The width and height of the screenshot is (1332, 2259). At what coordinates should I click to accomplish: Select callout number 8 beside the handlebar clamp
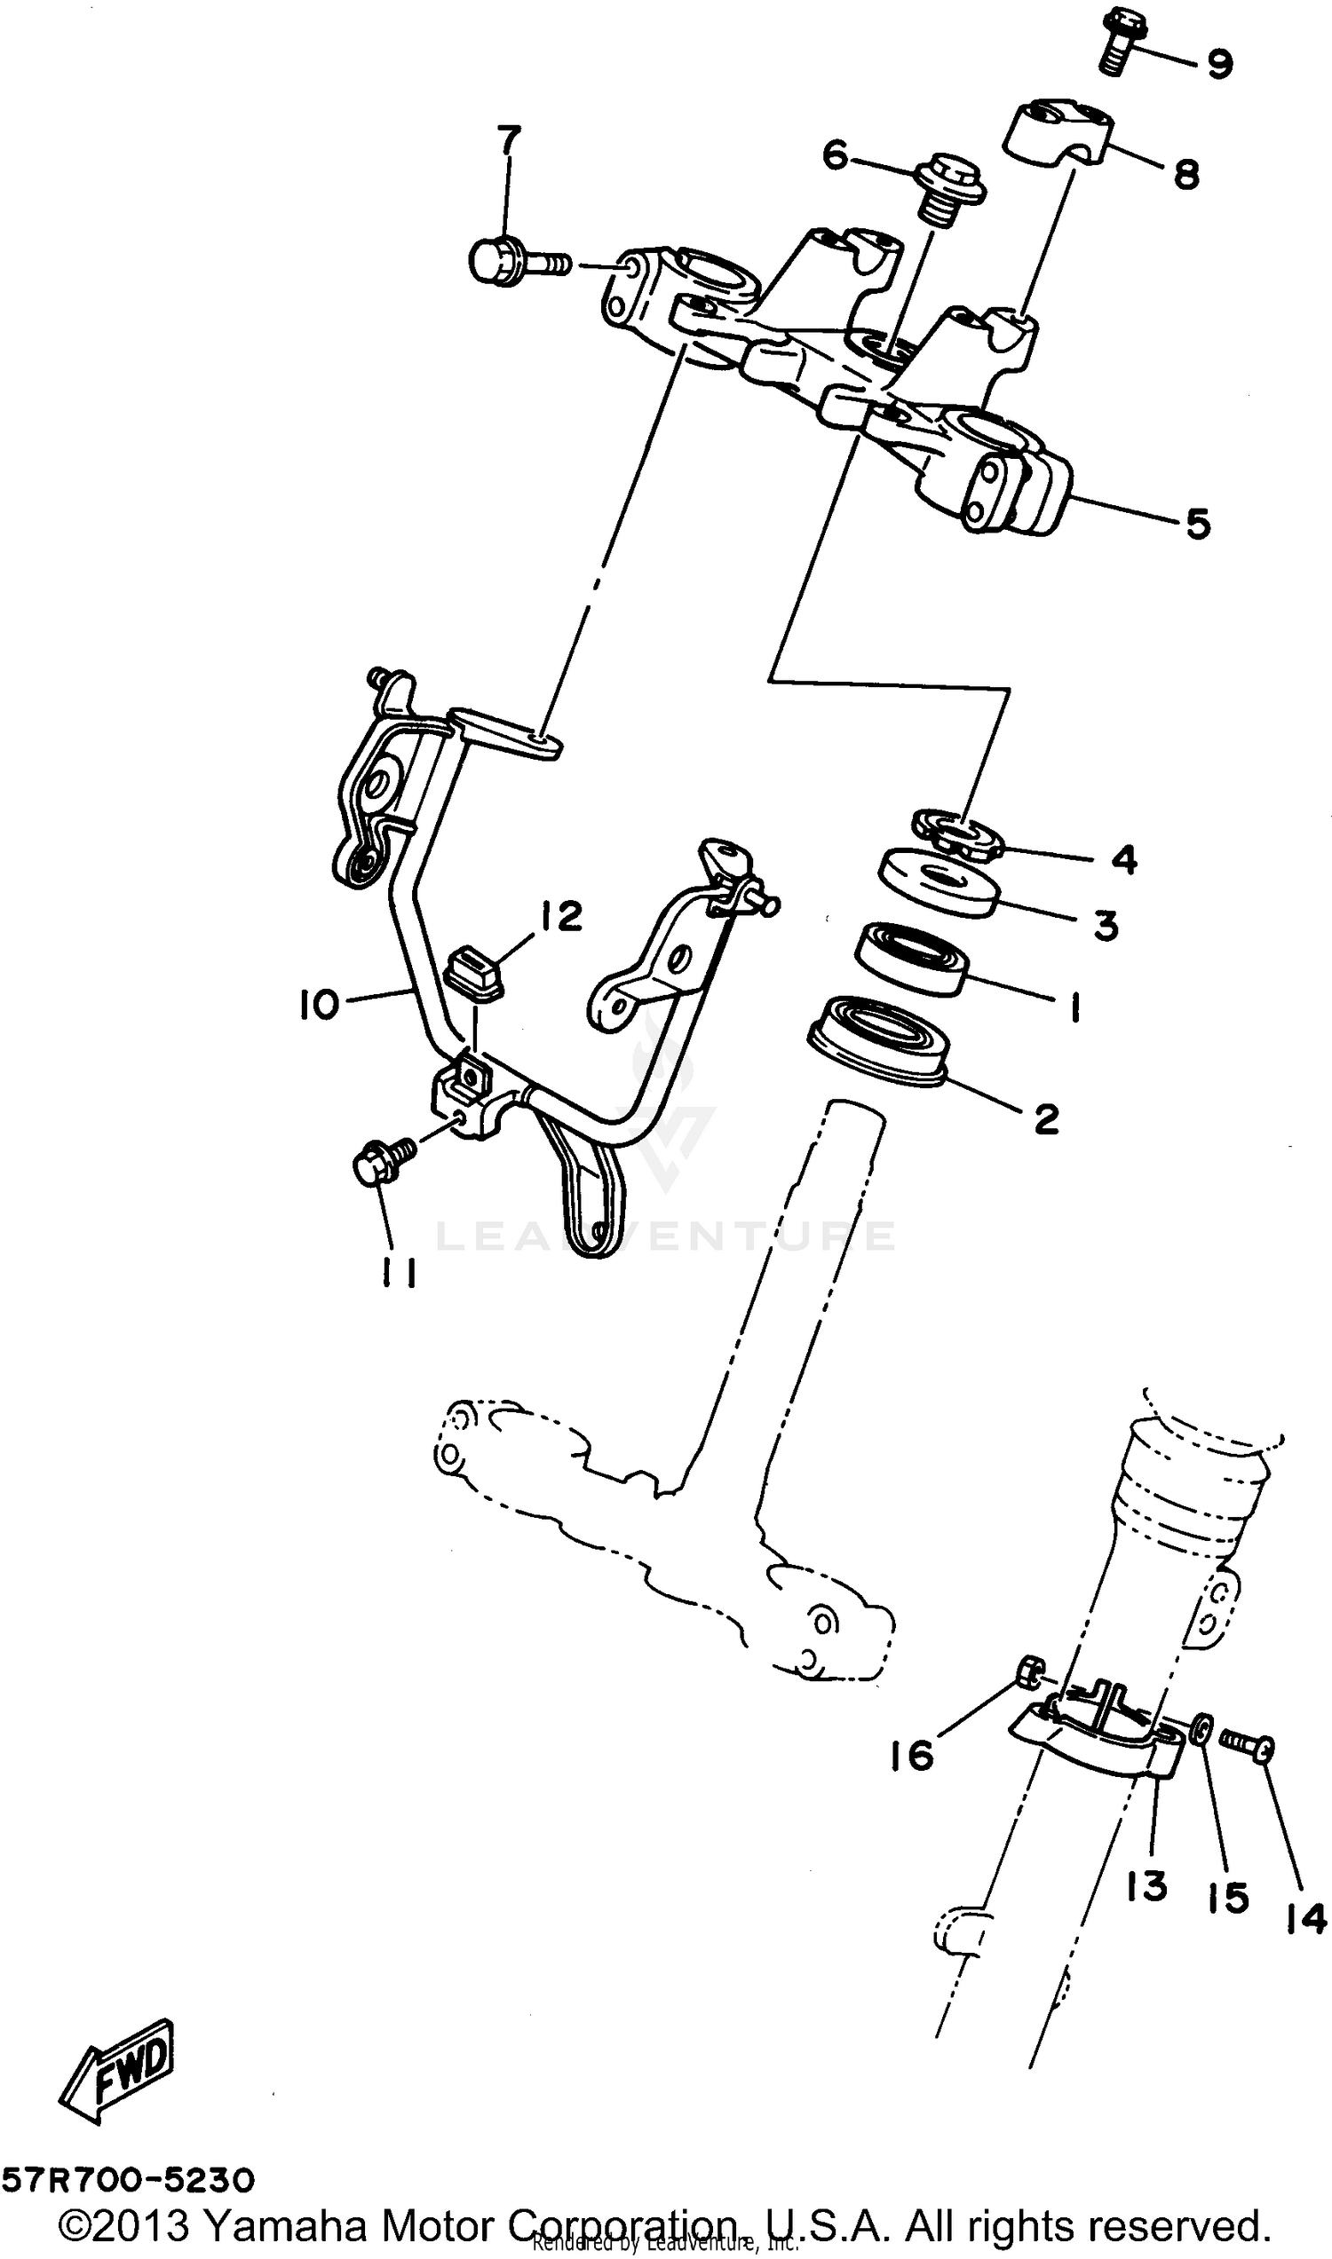click(1186, 174)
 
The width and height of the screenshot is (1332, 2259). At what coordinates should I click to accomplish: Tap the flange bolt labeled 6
click(947, 191)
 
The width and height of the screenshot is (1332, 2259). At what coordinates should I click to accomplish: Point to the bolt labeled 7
click(511, 263)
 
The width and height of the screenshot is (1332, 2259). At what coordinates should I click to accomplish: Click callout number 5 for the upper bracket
click(1197, 524)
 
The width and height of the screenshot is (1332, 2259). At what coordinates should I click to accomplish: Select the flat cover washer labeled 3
click(939, 883)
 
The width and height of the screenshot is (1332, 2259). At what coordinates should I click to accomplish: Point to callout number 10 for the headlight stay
click(318, 1005)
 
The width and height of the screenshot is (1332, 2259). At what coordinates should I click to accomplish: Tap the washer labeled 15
click(1201, 1730)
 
